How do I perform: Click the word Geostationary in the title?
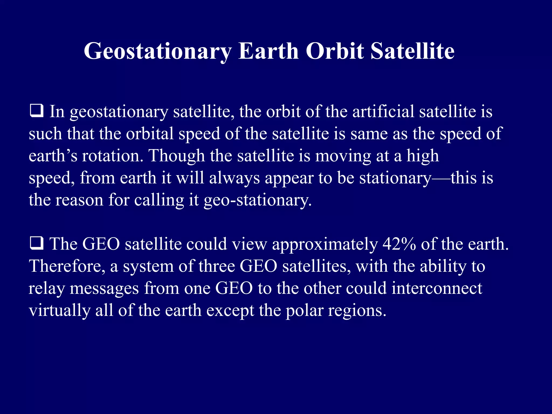tap(157, 51)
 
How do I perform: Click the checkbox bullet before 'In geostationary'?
tap(36, 111)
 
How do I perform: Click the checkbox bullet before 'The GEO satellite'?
tap(36, 243)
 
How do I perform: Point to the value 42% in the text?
tap(399, 244)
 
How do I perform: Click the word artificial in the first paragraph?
tap(383, 111)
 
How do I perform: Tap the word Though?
tap(177, 156)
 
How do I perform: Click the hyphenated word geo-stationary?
tap(257, 200)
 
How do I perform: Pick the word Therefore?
tap(67, 266)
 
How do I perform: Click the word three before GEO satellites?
tap(217, 266)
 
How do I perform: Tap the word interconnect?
tap(437, 288)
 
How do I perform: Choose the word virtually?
tap(60, 310)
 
